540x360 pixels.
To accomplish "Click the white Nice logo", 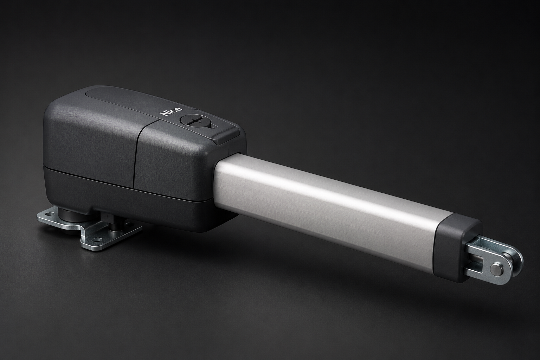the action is pyautogui.click(x=171, y=112).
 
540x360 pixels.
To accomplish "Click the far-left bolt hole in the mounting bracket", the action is pyautogui.click(x=49, y=213).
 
